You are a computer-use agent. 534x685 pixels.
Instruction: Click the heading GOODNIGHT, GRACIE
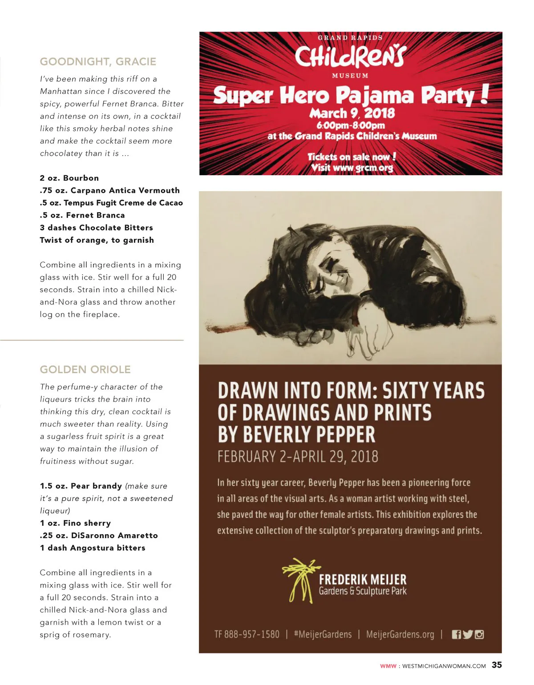(x=98, y=62)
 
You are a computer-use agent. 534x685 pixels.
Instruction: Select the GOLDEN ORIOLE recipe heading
(x=85, y=370)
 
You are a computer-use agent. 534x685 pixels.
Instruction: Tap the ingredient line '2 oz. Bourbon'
(x=69, y=178)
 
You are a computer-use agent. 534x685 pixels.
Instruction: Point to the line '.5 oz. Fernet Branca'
(x=82, y=215)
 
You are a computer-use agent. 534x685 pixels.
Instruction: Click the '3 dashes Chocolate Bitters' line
(x=96, y=228)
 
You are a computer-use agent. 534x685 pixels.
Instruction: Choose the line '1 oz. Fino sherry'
(x=75, y=523)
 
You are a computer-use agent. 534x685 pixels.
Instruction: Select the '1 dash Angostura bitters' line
(x=93, y=548)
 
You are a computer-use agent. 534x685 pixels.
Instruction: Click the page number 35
(x=497, y=665)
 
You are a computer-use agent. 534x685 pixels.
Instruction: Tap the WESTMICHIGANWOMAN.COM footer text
(x=444, y=666)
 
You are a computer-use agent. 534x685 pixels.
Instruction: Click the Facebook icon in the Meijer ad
(x=457, y=635)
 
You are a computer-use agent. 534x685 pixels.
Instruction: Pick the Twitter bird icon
(x=468, y=635)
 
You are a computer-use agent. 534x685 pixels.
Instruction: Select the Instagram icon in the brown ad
(x=479, y=635)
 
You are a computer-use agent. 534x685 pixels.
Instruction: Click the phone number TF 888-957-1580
(x=247, y=634)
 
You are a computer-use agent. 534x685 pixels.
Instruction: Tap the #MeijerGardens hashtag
(x=323, y=634)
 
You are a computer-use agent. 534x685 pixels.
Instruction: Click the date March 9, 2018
(x=352, y=113)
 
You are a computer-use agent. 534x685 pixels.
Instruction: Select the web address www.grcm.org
(x=363, y=168)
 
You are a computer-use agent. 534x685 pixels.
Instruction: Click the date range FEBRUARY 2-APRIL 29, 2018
(x=298, y=457)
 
